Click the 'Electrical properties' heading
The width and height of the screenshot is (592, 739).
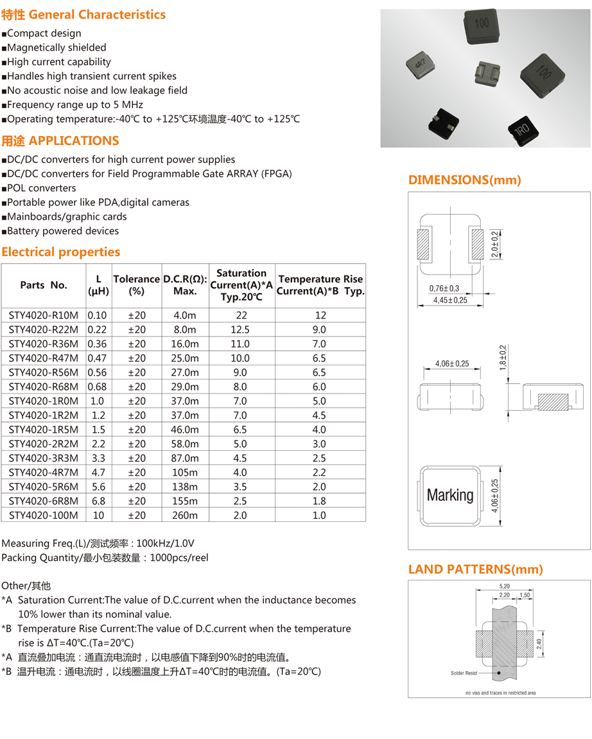pos(61,252)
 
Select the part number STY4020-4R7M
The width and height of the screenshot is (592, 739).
pos(44,473)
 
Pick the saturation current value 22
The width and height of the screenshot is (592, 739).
pos(241,315)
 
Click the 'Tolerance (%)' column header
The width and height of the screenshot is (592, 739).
pos(136,285)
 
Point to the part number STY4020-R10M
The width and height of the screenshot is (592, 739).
pos(44,315)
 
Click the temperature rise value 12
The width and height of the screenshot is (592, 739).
pos(320,315)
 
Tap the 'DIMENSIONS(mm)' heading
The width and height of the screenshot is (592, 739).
pos(465,180)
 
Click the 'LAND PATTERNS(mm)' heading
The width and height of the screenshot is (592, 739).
pos(476,569)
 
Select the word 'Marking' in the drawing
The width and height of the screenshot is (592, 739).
pos(450,495)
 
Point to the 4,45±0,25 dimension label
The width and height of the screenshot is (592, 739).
pos(450,300)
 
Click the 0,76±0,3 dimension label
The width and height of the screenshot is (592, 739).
pos(444,289)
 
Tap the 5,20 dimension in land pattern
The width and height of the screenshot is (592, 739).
pos(504,587)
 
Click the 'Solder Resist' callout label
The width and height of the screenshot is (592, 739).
pos(464,673)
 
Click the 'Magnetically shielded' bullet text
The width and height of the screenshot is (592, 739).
pos(57,48)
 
